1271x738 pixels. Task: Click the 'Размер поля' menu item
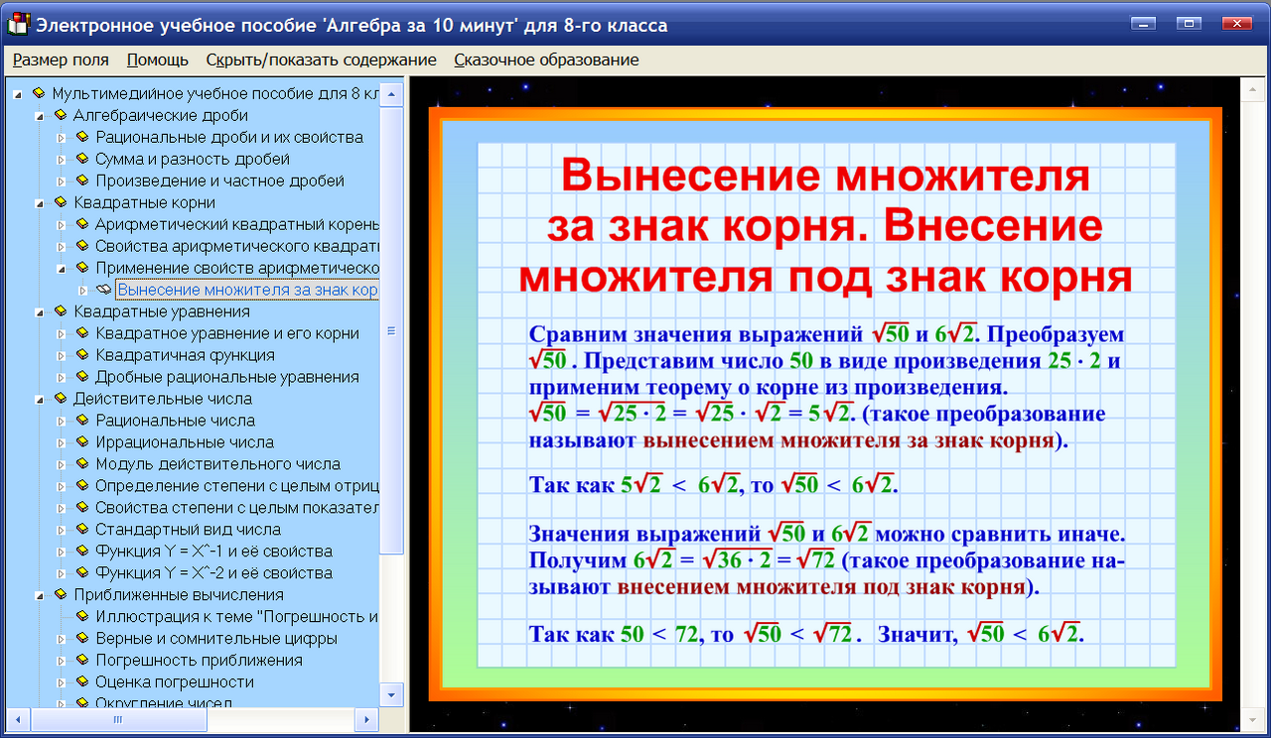point(61,60)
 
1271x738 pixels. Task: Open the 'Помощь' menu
point(158,60)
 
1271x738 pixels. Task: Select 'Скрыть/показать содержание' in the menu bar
point(321,60)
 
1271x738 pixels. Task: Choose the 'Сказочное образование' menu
point(546,60)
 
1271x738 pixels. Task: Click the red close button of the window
point(1236,23)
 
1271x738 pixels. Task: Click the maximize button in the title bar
point(1189,23)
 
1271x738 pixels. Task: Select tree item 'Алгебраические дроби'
point(147,115)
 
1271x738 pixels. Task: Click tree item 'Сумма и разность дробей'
point(193,159)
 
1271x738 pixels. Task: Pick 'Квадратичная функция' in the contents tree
point(185,355)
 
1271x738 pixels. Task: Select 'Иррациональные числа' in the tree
point(185,442)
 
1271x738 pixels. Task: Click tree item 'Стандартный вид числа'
point(188,530)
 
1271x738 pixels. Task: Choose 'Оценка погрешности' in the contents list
point(175,682)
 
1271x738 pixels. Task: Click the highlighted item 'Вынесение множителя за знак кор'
point(247,290)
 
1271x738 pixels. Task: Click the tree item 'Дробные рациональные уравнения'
point(226,377)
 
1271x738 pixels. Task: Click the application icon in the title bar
point(16,25)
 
